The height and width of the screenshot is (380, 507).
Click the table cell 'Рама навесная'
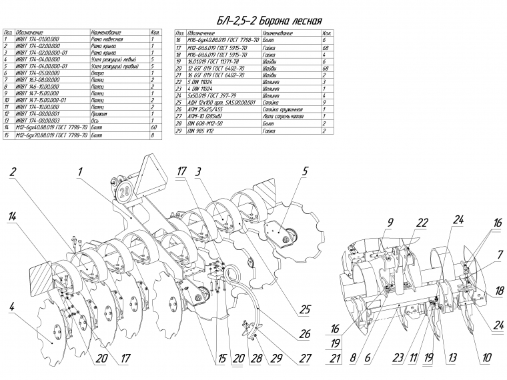click(x=108, y=39)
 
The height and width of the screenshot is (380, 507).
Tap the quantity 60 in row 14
click(x=154, y=127)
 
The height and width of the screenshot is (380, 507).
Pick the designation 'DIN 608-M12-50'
click(x=207, y=123)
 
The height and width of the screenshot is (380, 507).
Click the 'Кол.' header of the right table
click(x=327, y=33)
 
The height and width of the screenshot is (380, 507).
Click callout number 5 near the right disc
click(x=305, y=171)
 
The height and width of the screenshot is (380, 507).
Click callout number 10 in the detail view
click(x=487, y=357)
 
